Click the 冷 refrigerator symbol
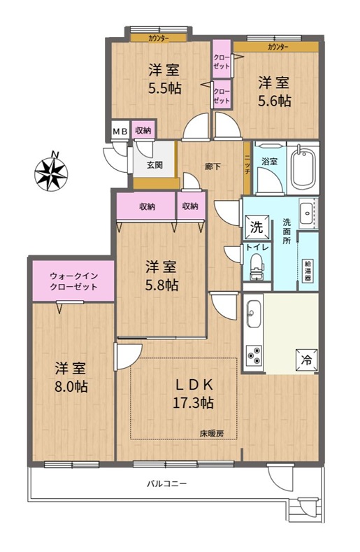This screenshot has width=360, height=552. coord(307,360)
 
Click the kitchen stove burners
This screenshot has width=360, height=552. coord(254,355)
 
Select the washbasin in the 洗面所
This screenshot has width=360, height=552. coord(308,213)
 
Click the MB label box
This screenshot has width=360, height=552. coord(120,131)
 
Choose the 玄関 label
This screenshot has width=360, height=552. coord(154,164)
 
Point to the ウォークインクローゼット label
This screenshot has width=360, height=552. coord(73,281)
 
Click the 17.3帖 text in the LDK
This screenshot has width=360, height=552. coord(193,402)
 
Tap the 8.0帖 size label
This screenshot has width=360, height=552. coord(71,387)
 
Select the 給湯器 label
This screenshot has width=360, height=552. coord(308,270)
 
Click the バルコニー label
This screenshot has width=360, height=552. coord(166,483)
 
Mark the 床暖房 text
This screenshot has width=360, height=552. coord(212,434)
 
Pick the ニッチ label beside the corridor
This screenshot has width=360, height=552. coord(247,164)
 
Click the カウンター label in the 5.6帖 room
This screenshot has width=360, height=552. coord(278,47)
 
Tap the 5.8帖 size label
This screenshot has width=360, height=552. coord(162,285)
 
